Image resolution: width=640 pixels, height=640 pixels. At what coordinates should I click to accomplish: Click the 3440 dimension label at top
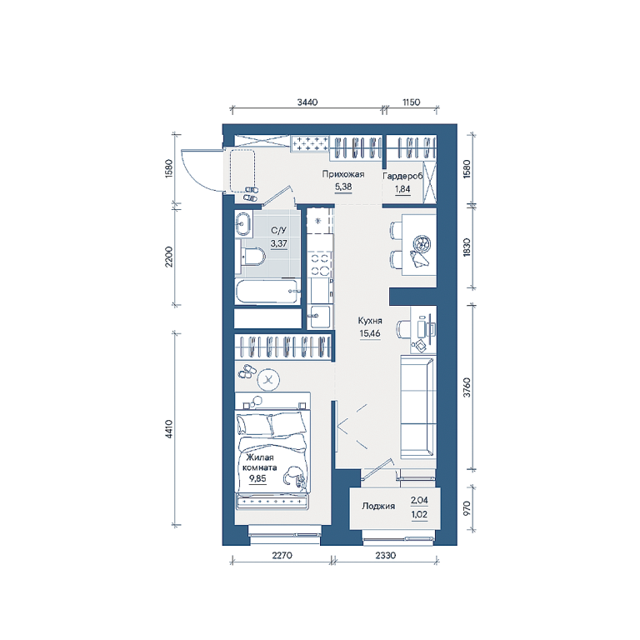307,102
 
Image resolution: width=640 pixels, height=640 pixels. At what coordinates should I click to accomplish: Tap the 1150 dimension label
411,102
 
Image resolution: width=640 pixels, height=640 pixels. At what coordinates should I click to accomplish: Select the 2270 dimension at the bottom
282,555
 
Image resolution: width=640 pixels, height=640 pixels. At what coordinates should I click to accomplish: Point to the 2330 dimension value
385,555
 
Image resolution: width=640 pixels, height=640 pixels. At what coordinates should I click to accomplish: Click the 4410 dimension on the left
169,429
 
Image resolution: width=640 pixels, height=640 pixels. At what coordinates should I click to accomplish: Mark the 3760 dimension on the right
467,387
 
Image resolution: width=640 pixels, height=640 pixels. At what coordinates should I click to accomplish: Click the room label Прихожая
342,174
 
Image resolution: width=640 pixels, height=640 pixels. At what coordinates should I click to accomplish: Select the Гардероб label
402,177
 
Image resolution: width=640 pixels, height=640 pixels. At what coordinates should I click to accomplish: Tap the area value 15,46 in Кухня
370,333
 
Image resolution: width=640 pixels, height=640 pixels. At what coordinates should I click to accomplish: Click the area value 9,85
257,478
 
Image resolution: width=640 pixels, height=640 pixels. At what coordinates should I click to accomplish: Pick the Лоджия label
378,506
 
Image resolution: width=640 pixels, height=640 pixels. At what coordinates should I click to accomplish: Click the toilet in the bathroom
251,257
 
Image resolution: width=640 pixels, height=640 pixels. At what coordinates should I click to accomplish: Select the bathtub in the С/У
267,292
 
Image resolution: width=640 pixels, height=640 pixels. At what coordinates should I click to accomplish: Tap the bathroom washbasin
243,224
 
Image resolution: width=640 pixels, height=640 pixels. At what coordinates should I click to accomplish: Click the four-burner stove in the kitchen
320,263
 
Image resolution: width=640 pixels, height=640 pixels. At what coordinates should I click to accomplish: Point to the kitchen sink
319,317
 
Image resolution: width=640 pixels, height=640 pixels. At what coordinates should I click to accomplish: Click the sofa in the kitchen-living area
417,406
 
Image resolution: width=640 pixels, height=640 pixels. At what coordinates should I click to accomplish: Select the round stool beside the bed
268,380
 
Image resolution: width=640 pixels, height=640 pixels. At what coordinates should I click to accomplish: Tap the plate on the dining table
422,245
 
